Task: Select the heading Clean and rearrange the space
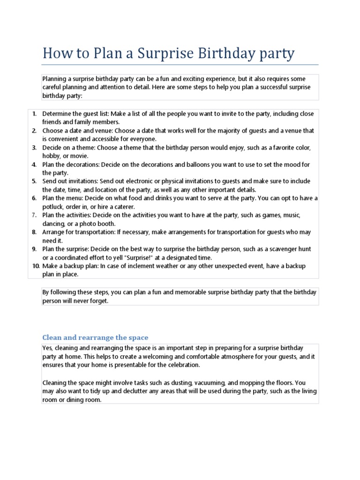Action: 95,337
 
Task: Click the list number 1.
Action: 34,114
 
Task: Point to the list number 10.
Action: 36,266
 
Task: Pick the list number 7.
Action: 34,215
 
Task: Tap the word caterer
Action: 122,207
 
